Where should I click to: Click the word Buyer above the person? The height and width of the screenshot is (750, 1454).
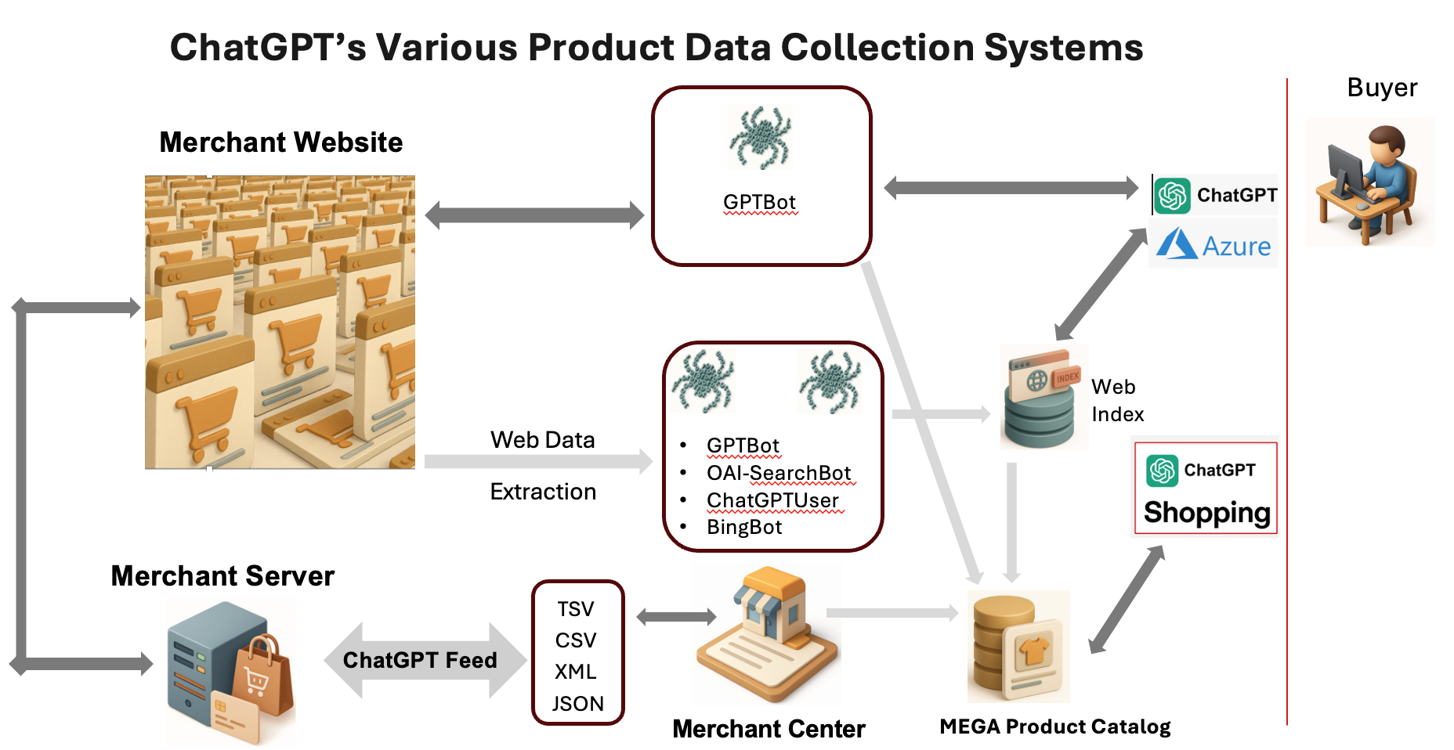[1382, 88]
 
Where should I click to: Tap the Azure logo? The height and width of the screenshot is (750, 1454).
[1213, 244]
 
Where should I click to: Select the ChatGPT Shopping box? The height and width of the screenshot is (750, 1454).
[1206, 489]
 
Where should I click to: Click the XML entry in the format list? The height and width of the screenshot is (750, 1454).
[576, 672]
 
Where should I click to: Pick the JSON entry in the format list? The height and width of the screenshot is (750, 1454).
[578, 704]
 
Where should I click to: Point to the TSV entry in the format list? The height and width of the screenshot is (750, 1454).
[576, 609]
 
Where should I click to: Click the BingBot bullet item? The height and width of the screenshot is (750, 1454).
[744, 527]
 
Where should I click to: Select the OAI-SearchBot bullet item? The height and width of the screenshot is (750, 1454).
[779, 473]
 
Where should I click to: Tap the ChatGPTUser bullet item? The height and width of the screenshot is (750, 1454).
[772, 500]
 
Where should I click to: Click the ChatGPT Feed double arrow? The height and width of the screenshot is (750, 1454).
[424, 660]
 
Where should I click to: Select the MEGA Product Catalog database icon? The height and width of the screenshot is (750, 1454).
[1018, 646]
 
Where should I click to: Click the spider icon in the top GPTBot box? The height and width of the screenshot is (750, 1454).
[760, 137]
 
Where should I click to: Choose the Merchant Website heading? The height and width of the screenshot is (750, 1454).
[280, 142]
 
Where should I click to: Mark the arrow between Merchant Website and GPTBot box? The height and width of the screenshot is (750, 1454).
[534, 215]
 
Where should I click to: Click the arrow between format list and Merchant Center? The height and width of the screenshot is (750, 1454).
[676, 617]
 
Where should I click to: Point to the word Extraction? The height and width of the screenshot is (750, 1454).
[543, 492]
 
